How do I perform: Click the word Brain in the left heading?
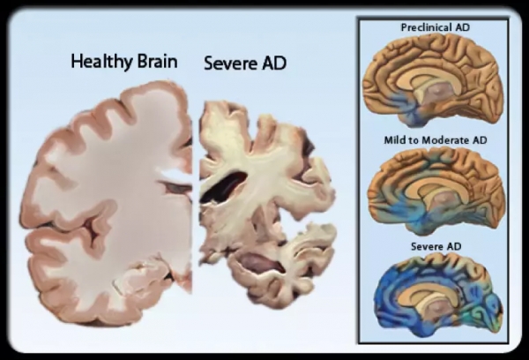154,62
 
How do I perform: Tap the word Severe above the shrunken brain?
228,64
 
